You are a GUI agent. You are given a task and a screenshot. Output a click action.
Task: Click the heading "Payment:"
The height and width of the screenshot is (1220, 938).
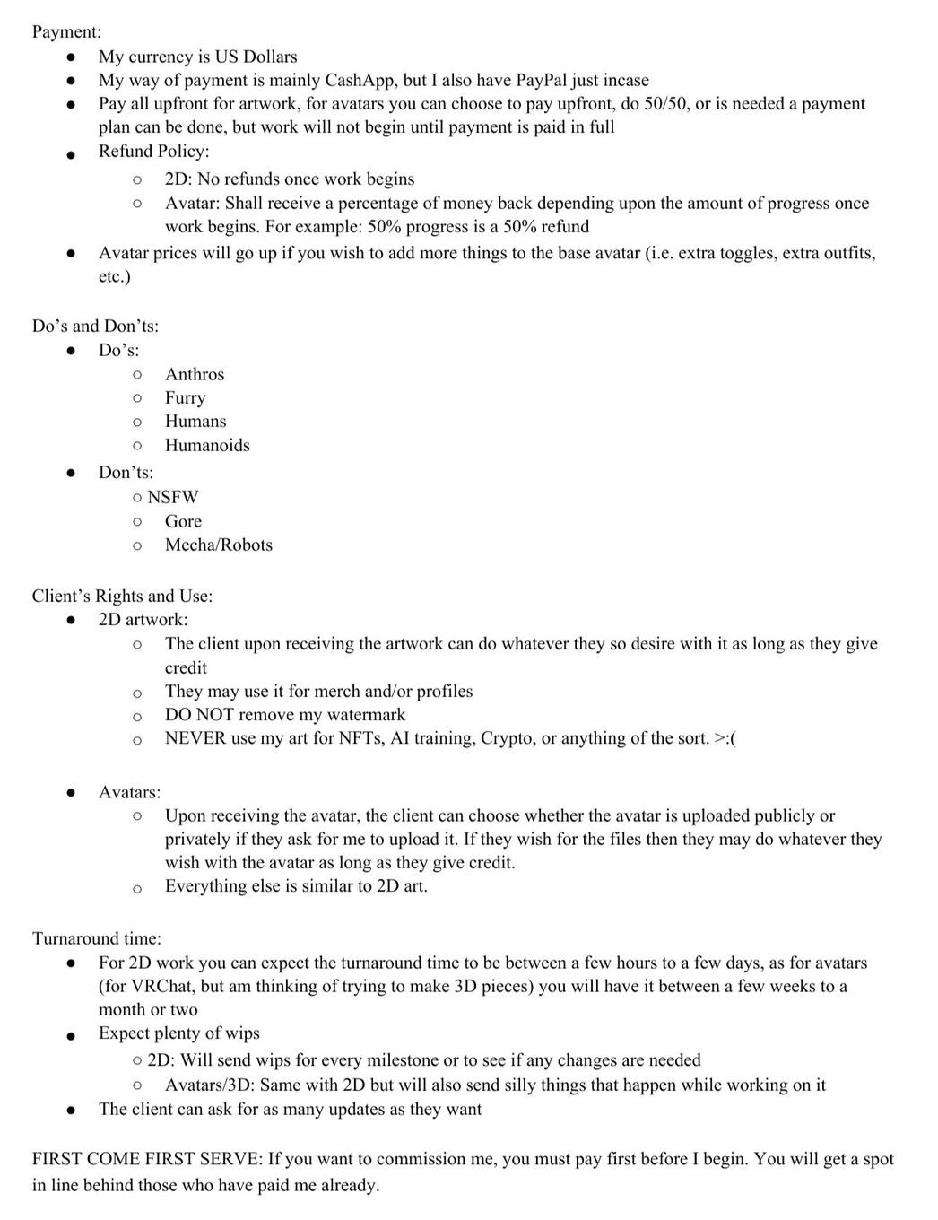[x=66, y=31]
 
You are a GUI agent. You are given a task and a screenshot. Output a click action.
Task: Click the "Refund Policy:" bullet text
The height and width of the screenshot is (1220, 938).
[x=153, y=151]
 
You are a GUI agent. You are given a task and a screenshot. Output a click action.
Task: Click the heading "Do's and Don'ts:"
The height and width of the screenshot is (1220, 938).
[x=95, y=326]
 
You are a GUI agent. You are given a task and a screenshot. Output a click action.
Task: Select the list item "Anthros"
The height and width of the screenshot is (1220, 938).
[x=195, y=374]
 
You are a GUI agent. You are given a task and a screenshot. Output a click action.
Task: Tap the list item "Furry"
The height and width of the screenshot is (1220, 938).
[x=185, y=397]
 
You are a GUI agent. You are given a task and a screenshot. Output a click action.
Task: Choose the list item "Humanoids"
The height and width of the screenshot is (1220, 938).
[x=207, y=445]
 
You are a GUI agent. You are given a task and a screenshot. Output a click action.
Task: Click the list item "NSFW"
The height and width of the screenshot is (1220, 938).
[x=173, y=497]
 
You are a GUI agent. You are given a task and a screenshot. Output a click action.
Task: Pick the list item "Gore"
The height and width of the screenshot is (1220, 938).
[x=183, y=521]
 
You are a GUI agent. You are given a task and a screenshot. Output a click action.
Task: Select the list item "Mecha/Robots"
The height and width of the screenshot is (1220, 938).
[x=219, y=545]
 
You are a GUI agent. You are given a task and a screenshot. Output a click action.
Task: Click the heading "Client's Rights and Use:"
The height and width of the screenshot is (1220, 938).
[x=122, y=596]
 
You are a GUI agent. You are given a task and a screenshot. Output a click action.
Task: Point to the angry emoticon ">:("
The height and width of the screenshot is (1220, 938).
[x=725, y=738]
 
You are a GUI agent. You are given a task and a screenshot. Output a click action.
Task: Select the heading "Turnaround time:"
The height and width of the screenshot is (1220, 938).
[x=97, y=938]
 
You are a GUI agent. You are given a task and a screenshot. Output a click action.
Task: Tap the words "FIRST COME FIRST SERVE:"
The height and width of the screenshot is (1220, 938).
[x=147, y=1159]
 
